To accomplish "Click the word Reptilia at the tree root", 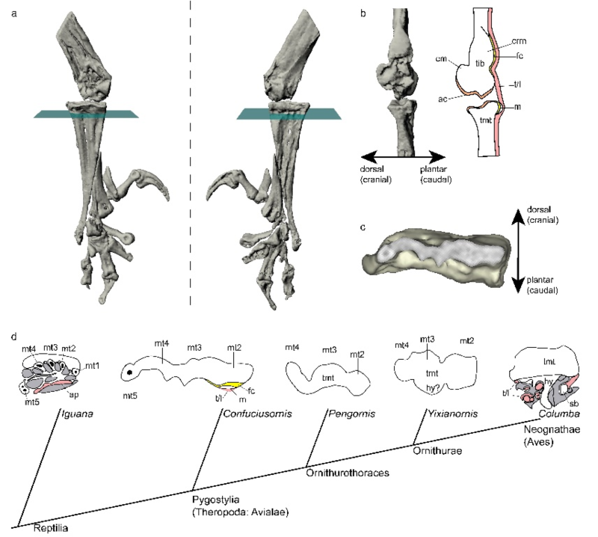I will [50, 528].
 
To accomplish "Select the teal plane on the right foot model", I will [288, 114].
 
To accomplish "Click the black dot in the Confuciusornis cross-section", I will [131, 371].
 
